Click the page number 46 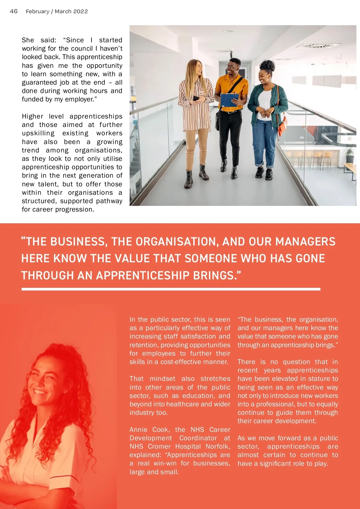coord(14,11)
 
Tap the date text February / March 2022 coord(57,11)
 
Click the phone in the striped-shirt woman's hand coord(196,98)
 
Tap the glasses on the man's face coord(231,67)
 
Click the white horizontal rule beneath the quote coord(171,289)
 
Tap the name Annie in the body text coord(138,429)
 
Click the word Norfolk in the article coord(217,446)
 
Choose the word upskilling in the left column coord(38,133)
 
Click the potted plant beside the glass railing coord(349,155)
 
